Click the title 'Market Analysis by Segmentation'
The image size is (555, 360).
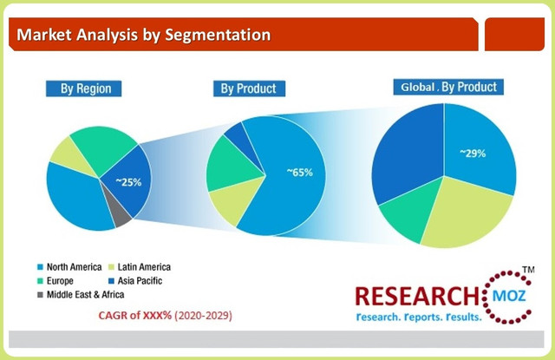(x=144, y=36)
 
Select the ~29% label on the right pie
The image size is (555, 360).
(x=473, y=153)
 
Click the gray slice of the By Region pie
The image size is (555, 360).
(x=122, y=216)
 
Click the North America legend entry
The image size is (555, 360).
(x=69, y=267)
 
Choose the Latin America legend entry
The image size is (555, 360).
(x=138, y=267)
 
